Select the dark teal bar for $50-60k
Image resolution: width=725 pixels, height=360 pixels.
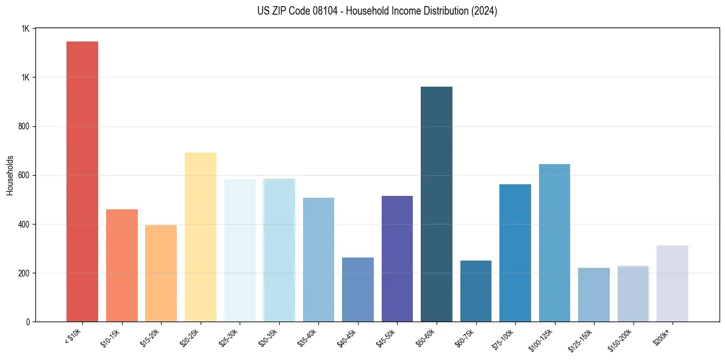coord(437,204)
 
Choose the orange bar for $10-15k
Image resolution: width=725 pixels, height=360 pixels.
coord(122,265)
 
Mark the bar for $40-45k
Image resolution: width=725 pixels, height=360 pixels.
coord(358,289)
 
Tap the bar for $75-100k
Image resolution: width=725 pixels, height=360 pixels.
coord(515,253)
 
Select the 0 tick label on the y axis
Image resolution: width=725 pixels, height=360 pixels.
coord(27,322)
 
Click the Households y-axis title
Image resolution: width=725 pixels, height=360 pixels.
coord(10,175)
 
